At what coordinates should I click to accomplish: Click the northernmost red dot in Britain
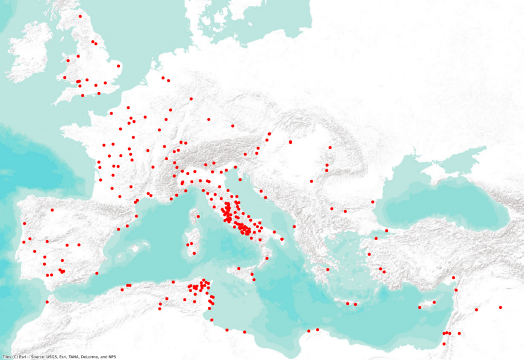(x=80, y=16)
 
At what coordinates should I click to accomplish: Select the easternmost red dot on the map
(x=501, y=308)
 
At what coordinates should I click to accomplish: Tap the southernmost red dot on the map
(x=444, y=344)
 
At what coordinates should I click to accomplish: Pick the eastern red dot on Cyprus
(x=434, y=302)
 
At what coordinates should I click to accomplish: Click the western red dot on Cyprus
(x=419, y=308)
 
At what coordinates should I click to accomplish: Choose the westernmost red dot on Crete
(x=348, y=303)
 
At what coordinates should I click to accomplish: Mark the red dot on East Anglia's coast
(x=119, y=66)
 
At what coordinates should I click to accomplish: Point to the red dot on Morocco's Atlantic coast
(x=47, y=302)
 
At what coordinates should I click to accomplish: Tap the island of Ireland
(x=30, y=51)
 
